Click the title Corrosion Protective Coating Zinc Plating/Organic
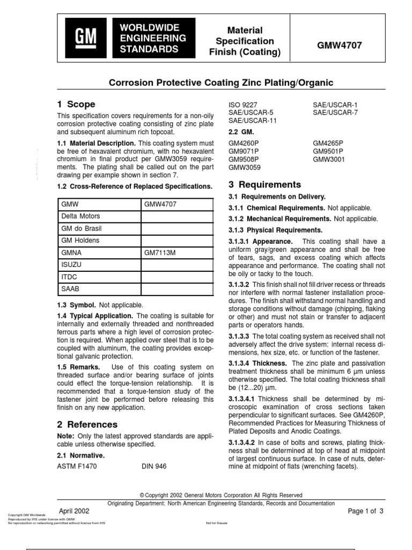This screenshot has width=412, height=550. [x=221, y=83]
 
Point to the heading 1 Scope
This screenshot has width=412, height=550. [x=76, y=104]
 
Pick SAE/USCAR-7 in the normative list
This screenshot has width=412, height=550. [x=335, y=112]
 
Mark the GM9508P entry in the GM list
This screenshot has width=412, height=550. [x=244, y=160]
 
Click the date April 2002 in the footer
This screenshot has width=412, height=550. [x=73, y=510]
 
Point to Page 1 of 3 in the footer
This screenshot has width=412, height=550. [x=366, y=511]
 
